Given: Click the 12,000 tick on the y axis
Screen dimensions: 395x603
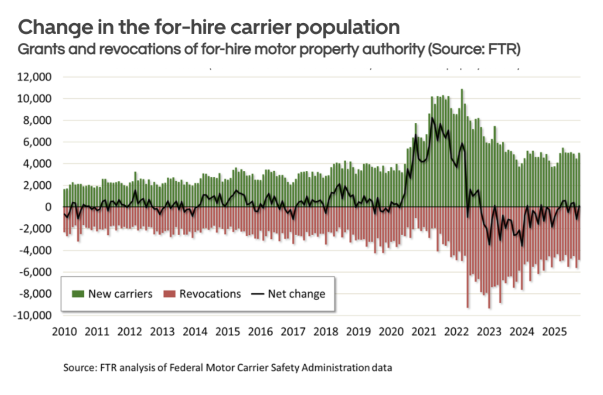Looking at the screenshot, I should point(34,77).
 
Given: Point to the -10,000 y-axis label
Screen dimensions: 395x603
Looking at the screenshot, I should point(32,315).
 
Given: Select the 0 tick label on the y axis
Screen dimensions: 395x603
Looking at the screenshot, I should point(48,207).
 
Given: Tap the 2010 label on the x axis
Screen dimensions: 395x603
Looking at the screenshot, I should point(64,332).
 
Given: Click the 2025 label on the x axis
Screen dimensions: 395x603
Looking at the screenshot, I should point(554,332).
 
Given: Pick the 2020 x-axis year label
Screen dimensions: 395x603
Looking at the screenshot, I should point(391,332).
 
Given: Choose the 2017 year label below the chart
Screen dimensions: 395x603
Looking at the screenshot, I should point(293,332).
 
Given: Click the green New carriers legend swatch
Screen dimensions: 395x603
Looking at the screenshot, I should point(78,294).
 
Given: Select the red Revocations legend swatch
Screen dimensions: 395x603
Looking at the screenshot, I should point(169,294).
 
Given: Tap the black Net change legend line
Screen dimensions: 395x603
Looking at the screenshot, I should point(257,294).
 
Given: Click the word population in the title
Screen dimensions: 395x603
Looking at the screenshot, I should point(348,28).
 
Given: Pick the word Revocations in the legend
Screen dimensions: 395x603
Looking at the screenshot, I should point(210,294).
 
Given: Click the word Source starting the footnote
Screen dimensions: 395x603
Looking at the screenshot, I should point(79,368).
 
